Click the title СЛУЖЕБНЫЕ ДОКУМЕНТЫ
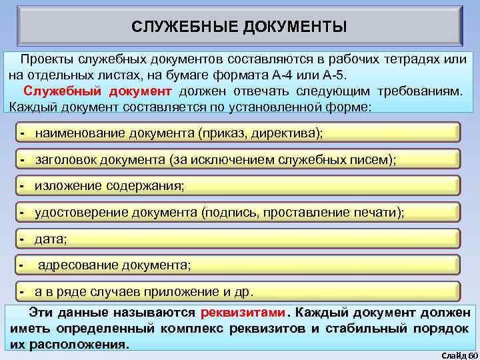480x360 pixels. click(239, 27)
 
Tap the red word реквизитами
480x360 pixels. click(242, 313)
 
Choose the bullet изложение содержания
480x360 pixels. click(109, 187)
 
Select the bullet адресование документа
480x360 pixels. click(113, 265)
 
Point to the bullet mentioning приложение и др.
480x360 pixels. click(144, 292)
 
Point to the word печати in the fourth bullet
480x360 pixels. click(378, 213)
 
